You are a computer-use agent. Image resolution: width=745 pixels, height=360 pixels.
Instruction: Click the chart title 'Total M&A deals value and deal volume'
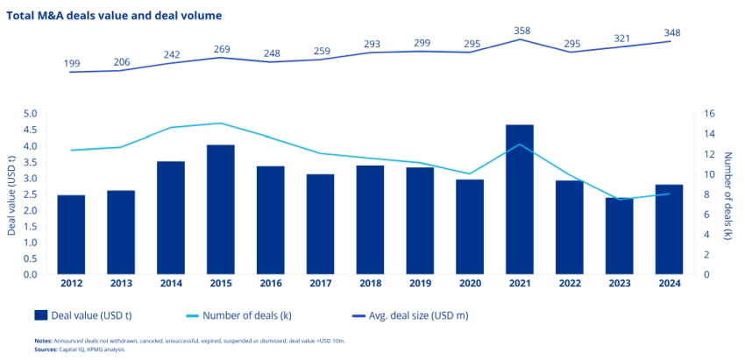(x=114, y=16)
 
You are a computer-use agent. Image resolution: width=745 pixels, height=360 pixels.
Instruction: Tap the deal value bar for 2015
(x=221, y=209)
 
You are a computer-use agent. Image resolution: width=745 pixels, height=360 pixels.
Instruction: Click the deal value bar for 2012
(x=71, y=235)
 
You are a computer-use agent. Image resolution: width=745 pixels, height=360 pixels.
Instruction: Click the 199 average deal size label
(x=72, y=64)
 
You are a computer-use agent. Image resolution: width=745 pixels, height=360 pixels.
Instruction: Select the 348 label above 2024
(x=672, y=33)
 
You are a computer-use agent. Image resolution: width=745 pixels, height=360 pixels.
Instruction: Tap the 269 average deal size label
(x=223, y=50)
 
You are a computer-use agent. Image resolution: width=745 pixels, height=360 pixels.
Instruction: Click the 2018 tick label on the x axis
(x=371, y=283)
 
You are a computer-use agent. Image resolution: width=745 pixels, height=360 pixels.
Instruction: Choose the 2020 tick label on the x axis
(x=471, y=283)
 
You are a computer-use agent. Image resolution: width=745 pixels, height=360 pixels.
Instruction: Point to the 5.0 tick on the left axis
(x=30, y=114)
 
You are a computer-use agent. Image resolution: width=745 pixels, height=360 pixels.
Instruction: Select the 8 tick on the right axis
(x=707, y=194)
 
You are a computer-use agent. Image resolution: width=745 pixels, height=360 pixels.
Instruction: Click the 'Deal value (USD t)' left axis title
(x=11, y=194)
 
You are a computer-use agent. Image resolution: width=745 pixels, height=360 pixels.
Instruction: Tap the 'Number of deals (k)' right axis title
(x=727, y=194)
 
